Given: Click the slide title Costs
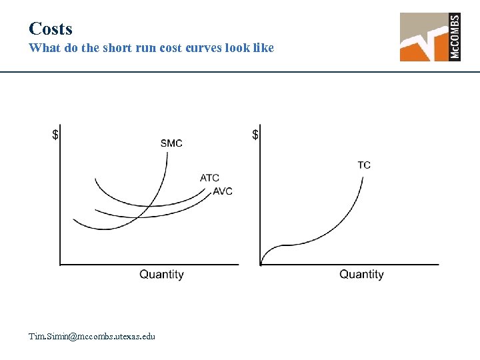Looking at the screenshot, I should click(51, 29).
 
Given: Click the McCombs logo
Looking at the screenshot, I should click(430, 37).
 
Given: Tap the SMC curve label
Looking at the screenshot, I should click(171, 143).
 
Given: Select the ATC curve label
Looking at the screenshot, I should click(209, 177).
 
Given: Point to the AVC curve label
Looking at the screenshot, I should click(223, 191).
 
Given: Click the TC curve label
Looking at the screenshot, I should click(364, 165).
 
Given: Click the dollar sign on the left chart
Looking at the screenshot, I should click(56, 135).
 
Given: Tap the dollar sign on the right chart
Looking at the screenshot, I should click(256, 135).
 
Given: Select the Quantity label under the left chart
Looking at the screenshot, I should click(161, 274).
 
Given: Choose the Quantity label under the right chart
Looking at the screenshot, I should click(361, 274).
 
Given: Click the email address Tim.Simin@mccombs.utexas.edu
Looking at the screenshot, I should click(92, 336).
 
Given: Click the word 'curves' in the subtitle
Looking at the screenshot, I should click(205, 48).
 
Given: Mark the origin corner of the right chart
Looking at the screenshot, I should click(260, 265).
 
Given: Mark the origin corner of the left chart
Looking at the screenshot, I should click(60, 265).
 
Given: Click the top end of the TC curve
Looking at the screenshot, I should click(363, 177).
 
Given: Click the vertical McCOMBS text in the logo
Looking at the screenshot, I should click(455, 37).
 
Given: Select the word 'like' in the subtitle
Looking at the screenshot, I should click(262, 48).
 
